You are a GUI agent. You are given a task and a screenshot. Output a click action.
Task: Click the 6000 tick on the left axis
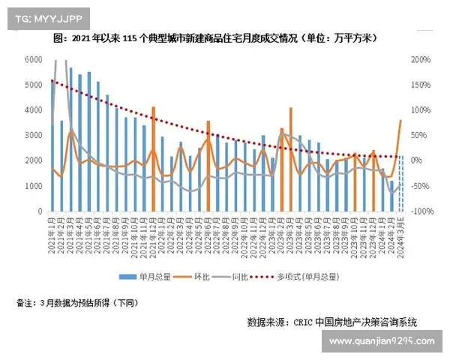(33, 59)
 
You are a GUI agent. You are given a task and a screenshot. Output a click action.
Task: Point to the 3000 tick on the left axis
(33, 136)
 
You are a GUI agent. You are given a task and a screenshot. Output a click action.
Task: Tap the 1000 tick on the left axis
(33, 186)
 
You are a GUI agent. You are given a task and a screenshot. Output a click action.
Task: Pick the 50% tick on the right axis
(419, 136)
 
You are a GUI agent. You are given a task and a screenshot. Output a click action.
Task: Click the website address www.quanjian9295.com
(382, 341)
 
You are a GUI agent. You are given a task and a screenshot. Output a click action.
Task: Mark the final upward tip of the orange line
(401, 120)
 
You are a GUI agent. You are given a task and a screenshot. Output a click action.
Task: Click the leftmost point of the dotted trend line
(52, 80)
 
